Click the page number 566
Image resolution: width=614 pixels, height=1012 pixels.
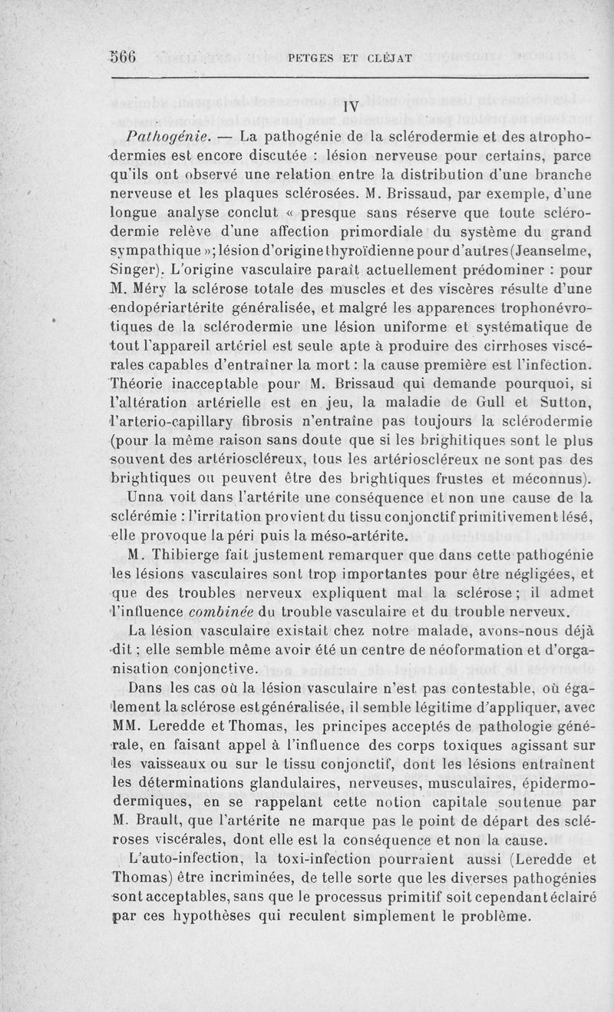click(x=122, y=56)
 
